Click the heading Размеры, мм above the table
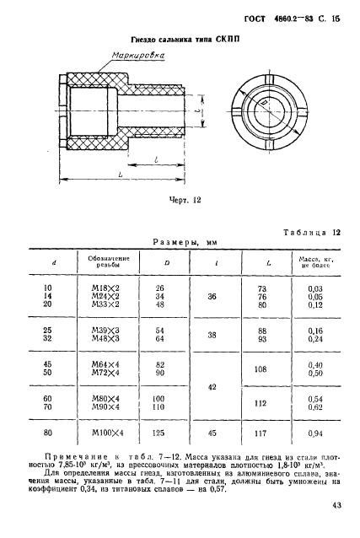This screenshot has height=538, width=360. coord(184,241)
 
